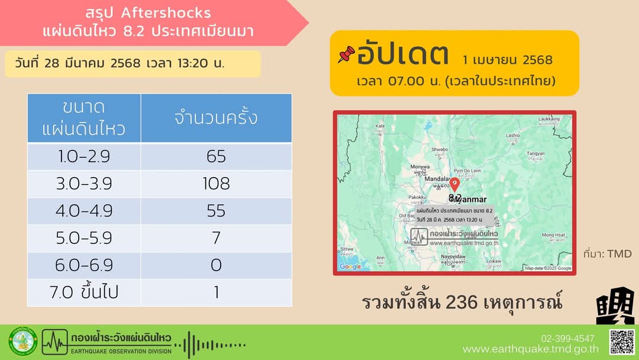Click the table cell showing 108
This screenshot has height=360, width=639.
pyautogui.click(x=216, y=184)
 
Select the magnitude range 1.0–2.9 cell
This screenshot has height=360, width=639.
pyautogui.click(x=84, y=156)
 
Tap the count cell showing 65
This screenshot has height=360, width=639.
pyautogui.click(x=216, y=156)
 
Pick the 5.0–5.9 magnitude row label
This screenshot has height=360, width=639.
pyautogui.click(x=84, y=238)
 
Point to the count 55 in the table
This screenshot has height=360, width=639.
pyautogui.click(x=216, y=211)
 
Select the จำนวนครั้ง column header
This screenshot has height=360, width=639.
pyautogui.click(x=216, y=117)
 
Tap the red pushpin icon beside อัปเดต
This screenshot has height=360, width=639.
pyautogui.click(x=346, y=55)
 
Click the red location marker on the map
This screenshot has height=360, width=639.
pyautogui.click(x=454, y=185)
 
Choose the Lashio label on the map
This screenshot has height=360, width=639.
pyautogui.click(x=512, y=135)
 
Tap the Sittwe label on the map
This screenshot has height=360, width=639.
pyautogui.click(x=347, y=250)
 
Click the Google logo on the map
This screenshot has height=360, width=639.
pyautogui.click(x=350, y=267)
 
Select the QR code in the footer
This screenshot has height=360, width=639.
pyautogui.click(x=622, y=342)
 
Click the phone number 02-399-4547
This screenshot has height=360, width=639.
pyautogui.click(x=567, y=338)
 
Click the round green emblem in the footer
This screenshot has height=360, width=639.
pyautogui.click(x=22, y=342)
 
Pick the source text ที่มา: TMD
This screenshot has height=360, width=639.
pyautogui.click(x=607, y=254)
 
